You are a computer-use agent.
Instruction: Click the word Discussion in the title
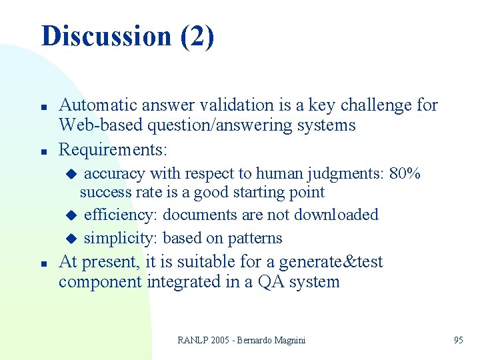coord(106,36)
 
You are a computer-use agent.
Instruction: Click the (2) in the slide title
coord(197,36)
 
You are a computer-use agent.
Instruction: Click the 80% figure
coord(405,174)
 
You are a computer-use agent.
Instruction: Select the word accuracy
coord(115,174)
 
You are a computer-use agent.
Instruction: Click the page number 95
coord(458,340)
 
